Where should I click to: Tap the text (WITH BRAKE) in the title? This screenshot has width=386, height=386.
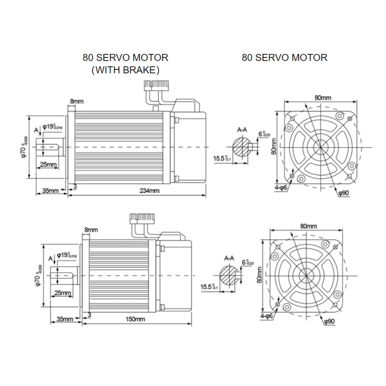[125, 70]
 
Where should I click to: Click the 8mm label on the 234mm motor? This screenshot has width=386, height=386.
[77, 101]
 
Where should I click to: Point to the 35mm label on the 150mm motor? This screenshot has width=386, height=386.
[65, 319]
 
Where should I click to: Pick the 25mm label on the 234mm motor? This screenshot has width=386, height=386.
[48, 165]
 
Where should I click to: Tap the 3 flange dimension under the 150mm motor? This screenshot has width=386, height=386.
[90, 314]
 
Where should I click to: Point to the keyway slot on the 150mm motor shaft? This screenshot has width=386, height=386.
[66, 275]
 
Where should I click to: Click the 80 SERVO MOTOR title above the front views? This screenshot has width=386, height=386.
[284, 58]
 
